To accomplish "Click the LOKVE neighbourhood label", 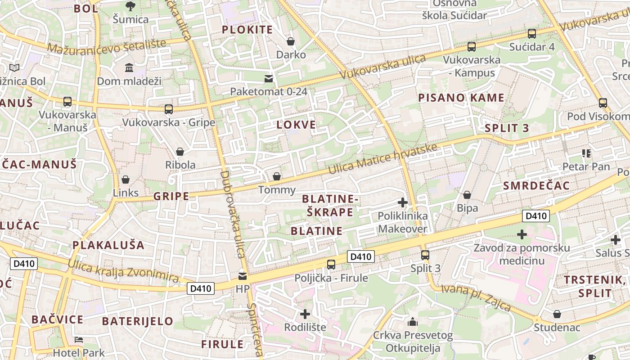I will click(x=296, y=125).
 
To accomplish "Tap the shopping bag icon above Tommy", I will click(x=277, y=176).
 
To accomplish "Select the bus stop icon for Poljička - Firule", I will click(x=331, y=265).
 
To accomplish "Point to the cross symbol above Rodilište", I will click(x=305, y=314).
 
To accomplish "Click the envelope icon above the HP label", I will click(x=243, y=276).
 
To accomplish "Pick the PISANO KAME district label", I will click(x=461, y=98).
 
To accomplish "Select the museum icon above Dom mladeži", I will click(x=129, y=68).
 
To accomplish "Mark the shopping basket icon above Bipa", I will click(x=467, y=195).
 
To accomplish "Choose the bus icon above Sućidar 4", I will click(x=531, y=34).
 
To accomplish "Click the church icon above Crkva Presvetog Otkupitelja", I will click(x=413, y=322).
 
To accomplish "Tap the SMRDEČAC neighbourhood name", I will click(x=536, y=185).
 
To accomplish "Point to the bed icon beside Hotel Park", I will click(x=79, y=339).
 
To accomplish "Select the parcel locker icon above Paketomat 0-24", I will click(x=269, y=79).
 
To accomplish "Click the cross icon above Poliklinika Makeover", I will click(x=403, y=202).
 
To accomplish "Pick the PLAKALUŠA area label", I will click(x=108, y=245).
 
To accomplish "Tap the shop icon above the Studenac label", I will click(x=557, y=314).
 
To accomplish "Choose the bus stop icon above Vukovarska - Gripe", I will click(x=169, y=109).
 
